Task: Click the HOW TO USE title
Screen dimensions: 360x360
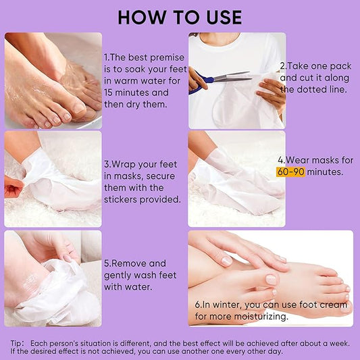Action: [180, 17]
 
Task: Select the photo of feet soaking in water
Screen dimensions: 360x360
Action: [53, 80]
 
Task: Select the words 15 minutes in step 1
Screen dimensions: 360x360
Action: [125, 93]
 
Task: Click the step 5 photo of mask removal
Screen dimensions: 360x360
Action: [53, 278]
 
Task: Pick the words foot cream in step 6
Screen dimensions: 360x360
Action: [329, 304]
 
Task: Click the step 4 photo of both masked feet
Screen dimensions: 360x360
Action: [236, 178]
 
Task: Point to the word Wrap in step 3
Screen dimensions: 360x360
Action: [128, 164]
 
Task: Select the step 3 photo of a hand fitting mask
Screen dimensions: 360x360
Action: [53, 178]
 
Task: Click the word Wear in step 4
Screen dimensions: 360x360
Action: [298, 160]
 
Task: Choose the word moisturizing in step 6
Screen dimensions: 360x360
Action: [254, 315]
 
